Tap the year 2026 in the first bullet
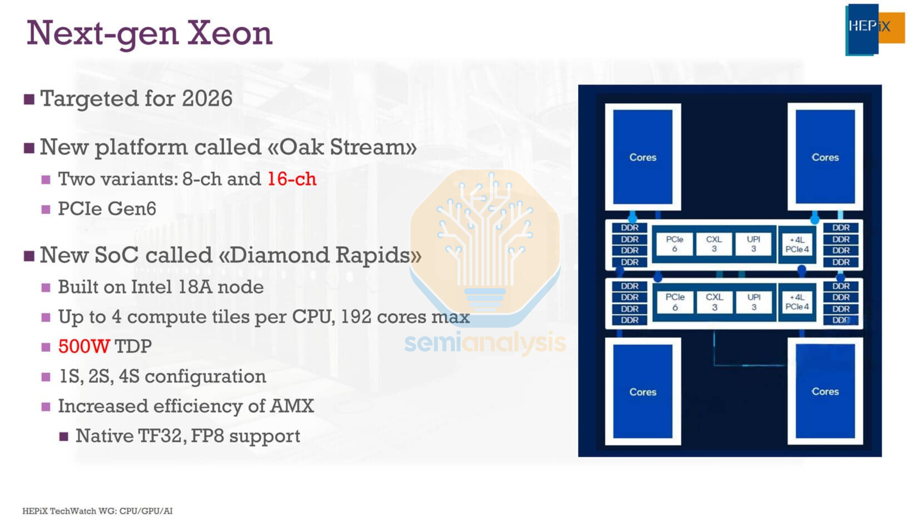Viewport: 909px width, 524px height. [207, 98]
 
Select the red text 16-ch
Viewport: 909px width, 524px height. [292, 179]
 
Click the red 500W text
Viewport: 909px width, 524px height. [84, 346]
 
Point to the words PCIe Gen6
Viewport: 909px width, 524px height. [107, 209]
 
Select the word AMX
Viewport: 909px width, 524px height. [292, 406]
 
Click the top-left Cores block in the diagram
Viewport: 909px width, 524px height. [642, 157]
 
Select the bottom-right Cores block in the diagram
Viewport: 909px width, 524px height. [825, 391]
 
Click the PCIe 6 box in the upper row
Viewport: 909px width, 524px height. [674, 244]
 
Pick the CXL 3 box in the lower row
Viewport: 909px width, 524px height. [714, 302]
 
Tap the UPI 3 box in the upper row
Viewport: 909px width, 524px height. [753, 244]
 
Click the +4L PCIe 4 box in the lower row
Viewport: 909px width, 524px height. [797, 302]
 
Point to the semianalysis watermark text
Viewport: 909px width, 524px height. [485, 342]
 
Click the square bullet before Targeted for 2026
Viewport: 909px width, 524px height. [29, 99]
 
